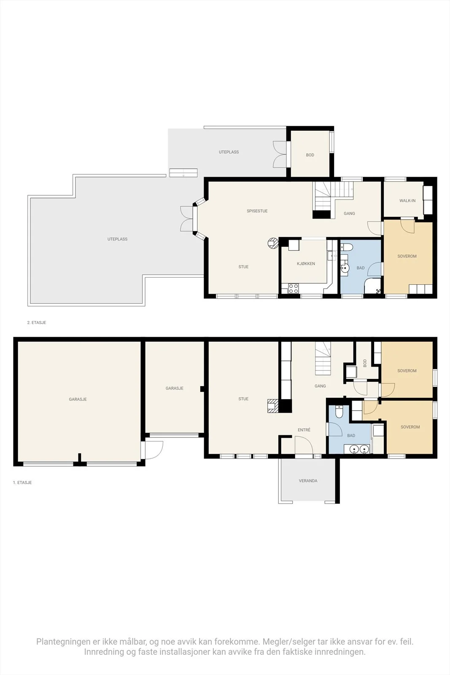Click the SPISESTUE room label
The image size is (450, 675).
[257, 211]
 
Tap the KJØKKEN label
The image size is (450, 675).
[306, 263]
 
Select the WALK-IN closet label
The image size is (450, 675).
[407, 200]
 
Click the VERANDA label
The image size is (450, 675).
[308, 481]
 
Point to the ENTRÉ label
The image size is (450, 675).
[304, 430]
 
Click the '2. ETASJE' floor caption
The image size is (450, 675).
[36, 322]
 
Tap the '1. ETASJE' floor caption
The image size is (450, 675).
[22, 483]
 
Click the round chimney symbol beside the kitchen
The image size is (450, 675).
[273, 243]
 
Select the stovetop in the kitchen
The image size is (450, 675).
[294, 289]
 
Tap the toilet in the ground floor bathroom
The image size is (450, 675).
[339, 412]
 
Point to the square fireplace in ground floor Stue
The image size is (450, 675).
[273, 405]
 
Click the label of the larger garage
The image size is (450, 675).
[78, 399]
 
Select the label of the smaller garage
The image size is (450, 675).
[175, 388]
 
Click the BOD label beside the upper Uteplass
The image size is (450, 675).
[310, 155]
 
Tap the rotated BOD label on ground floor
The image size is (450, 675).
[365, 363]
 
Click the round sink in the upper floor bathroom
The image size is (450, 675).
[345, 267]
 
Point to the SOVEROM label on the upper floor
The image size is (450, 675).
[407, 256]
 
